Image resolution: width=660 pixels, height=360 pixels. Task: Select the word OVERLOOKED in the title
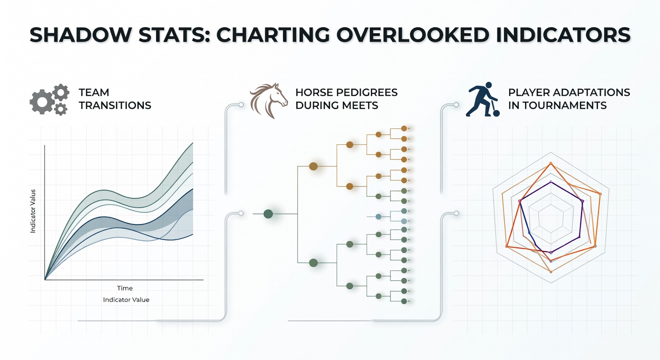click(413, 35)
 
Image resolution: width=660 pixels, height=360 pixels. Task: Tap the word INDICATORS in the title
click(563, 35)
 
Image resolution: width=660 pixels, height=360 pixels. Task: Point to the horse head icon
click(269, 100)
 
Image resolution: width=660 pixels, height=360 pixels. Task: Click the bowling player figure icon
click(481, 99)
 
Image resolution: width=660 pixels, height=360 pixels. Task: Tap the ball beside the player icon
click(496, 113)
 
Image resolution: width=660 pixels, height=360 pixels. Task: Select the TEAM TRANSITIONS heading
click(115, 99)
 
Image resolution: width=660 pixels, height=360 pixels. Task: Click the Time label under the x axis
click(125, 288)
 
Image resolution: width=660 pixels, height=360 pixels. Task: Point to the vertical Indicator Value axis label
click(33, 211)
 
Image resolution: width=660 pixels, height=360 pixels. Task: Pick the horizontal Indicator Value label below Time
click(126, 300)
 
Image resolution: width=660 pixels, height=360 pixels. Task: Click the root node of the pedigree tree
click(268, 214)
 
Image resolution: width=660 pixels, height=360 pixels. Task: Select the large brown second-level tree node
click(313, 166)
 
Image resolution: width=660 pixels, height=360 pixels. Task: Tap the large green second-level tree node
click(314, 263)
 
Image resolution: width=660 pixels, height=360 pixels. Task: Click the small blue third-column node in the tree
click(379, 217)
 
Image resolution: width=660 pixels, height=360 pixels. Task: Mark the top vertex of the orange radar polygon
click(551, 164)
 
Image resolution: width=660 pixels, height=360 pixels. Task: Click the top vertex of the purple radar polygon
click(551, 182)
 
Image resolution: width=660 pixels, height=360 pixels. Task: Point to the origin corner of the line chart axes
click(45, 279)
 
